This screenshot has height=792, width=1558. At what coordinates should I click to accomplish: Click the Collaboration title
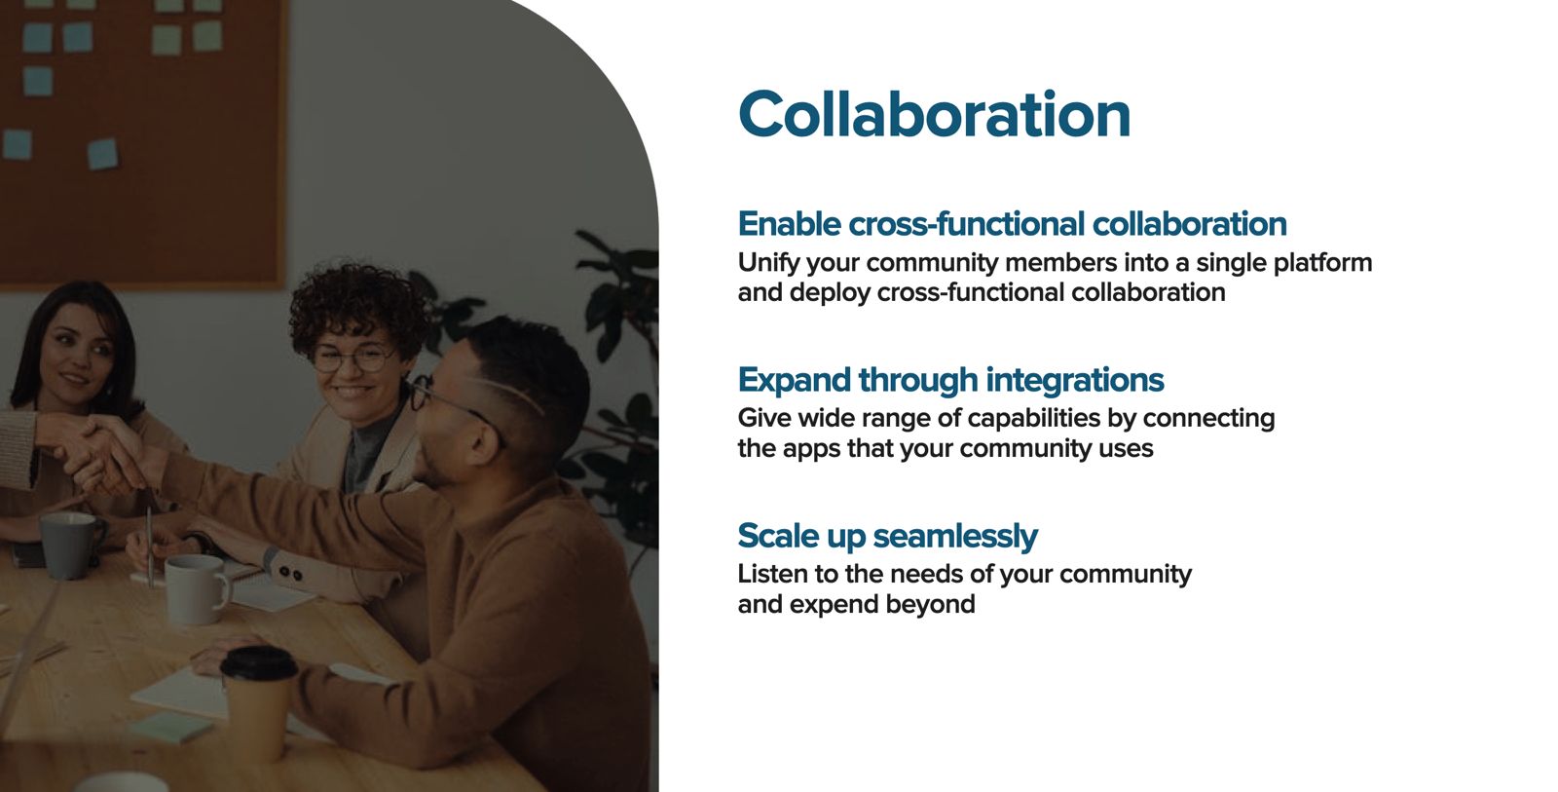[x=934, y=114]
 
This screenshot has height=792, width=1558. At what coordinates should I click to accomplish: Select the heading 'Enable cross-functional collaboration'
[x=1012, y=224]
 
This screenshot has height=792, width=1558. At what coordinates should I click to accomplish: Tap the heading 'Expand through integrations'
[x=950, y=380]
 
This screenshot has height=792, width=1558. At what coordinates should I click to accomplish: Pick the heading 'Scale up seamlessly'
[x=887, y=536]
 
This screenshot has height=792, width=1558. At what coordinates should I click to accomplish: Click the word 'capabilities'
[x=1034, y=419]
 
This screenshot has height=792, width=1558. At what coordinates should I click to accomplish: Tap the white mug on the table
[x=197, y=588]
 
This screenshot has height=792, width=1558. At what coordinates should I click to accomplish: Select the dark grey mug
[x=69, y=546]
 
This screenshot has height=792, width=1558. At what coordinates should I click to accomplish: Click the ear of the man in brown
[x=482, y=441]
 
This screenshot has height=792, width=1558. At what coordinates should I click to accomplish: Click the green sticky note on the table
[x=171, y=728]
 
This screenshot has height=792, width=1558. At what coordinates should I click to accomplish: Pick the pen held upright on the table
[x=149, y=547]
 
